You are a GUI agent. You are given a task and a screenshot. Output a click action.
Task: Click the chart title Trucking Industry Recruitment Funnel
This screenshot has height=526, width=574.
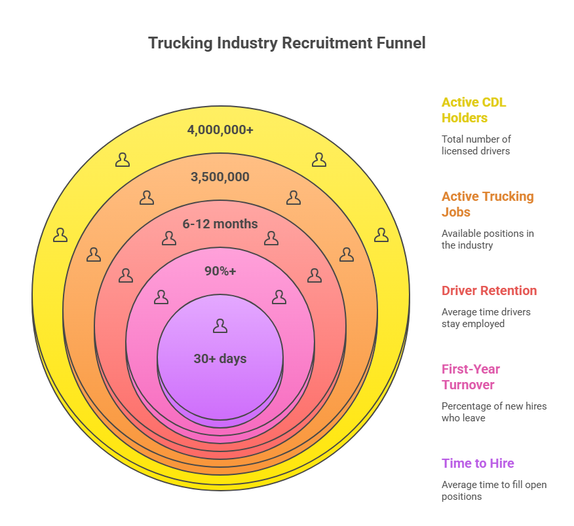[286, 43]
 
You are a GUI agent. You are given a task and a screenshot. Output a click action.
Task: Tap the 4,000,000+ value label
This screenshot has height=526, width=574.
[220, 130]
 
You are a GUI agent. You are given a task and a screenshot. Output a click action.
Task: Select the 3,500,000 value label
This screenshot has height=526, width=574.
[220, 177]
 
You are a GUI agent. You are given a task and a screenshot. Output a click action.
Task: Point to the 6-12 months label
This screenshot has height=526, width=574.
[220, 224]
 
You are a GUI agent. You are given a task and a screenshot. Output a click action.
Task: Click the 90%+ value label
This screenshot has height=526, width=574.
[220, 271]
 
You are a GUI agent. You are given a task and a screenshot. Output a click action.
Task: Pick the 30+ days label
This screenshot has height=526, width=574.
[220, 359]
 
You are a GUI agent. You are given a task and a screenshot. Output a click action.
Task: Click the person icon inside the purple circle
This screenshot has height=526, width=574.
[220, 326]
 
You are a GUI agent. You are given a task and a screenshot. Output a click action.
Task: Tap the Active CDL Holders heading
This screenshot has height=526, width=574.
[474, 110]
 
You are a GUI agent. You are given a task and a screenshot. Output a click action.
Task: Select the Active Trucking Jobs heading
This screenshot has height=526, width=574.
[488, 204]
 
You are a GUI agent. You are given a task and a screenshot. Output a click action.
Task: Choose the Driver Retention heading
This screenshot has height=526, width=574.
[489, 290]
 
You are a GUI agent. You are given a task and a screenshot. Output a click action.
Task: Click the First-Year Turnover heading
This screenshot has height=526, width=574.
[470, 377]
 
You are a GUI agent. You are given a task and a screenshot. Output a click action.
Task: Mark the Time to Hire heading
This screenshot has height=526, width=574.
[478, 463]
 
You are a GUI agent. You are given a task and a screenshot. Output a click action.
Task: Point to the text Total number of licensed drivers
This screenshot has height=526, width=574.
[476, 145]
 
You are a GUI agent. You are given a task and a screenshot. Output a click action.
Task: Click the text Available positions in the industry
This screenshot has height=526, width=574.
[488, 239]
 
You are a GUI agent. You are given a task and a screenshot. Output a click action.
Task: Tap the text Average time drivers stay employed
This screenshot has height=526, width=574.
[486, 317]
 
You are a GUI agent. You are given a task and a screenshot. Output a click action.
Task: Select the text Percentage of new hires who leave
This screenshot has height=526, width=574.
[493, 412]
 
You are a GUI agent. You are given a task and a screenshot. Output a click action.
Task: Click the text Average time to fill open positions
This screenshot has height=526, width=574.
[493, 490]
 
